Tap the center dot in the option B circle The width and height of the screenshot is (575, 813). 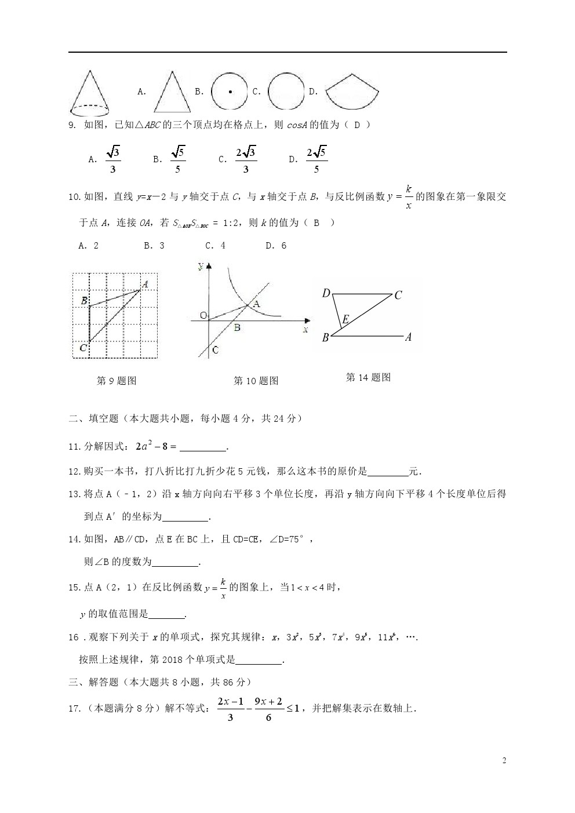[230, 92]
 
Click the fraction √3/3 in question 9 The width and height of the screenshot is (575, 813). [112, 160]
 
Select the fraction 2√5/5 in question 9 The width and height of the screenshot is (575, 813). [316, 160]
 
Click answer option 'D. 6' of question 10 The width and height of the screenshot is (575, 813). [276, 246]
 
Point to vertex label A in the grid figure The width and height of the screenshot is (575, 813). [145, 284]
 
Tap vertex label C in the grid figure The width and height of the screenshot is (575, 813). [83, 348]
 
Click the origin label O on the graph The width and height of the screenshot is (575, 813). [203, 315]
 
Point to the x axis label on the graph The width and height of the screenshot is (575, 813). [305, 330]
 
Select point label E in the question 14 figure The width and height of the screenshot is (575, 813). [345, 319]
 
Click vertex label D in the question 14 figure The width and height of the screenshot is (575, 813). [326, 294]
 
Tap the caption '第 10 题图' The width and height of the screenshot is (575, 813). [256, 381]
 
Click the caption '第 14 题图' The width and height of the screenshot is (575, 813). [368, 377]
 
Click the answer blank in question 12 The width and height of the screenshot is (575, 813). [388, 472]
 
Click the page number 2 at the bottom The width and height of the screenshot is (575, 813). [504, 761]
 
